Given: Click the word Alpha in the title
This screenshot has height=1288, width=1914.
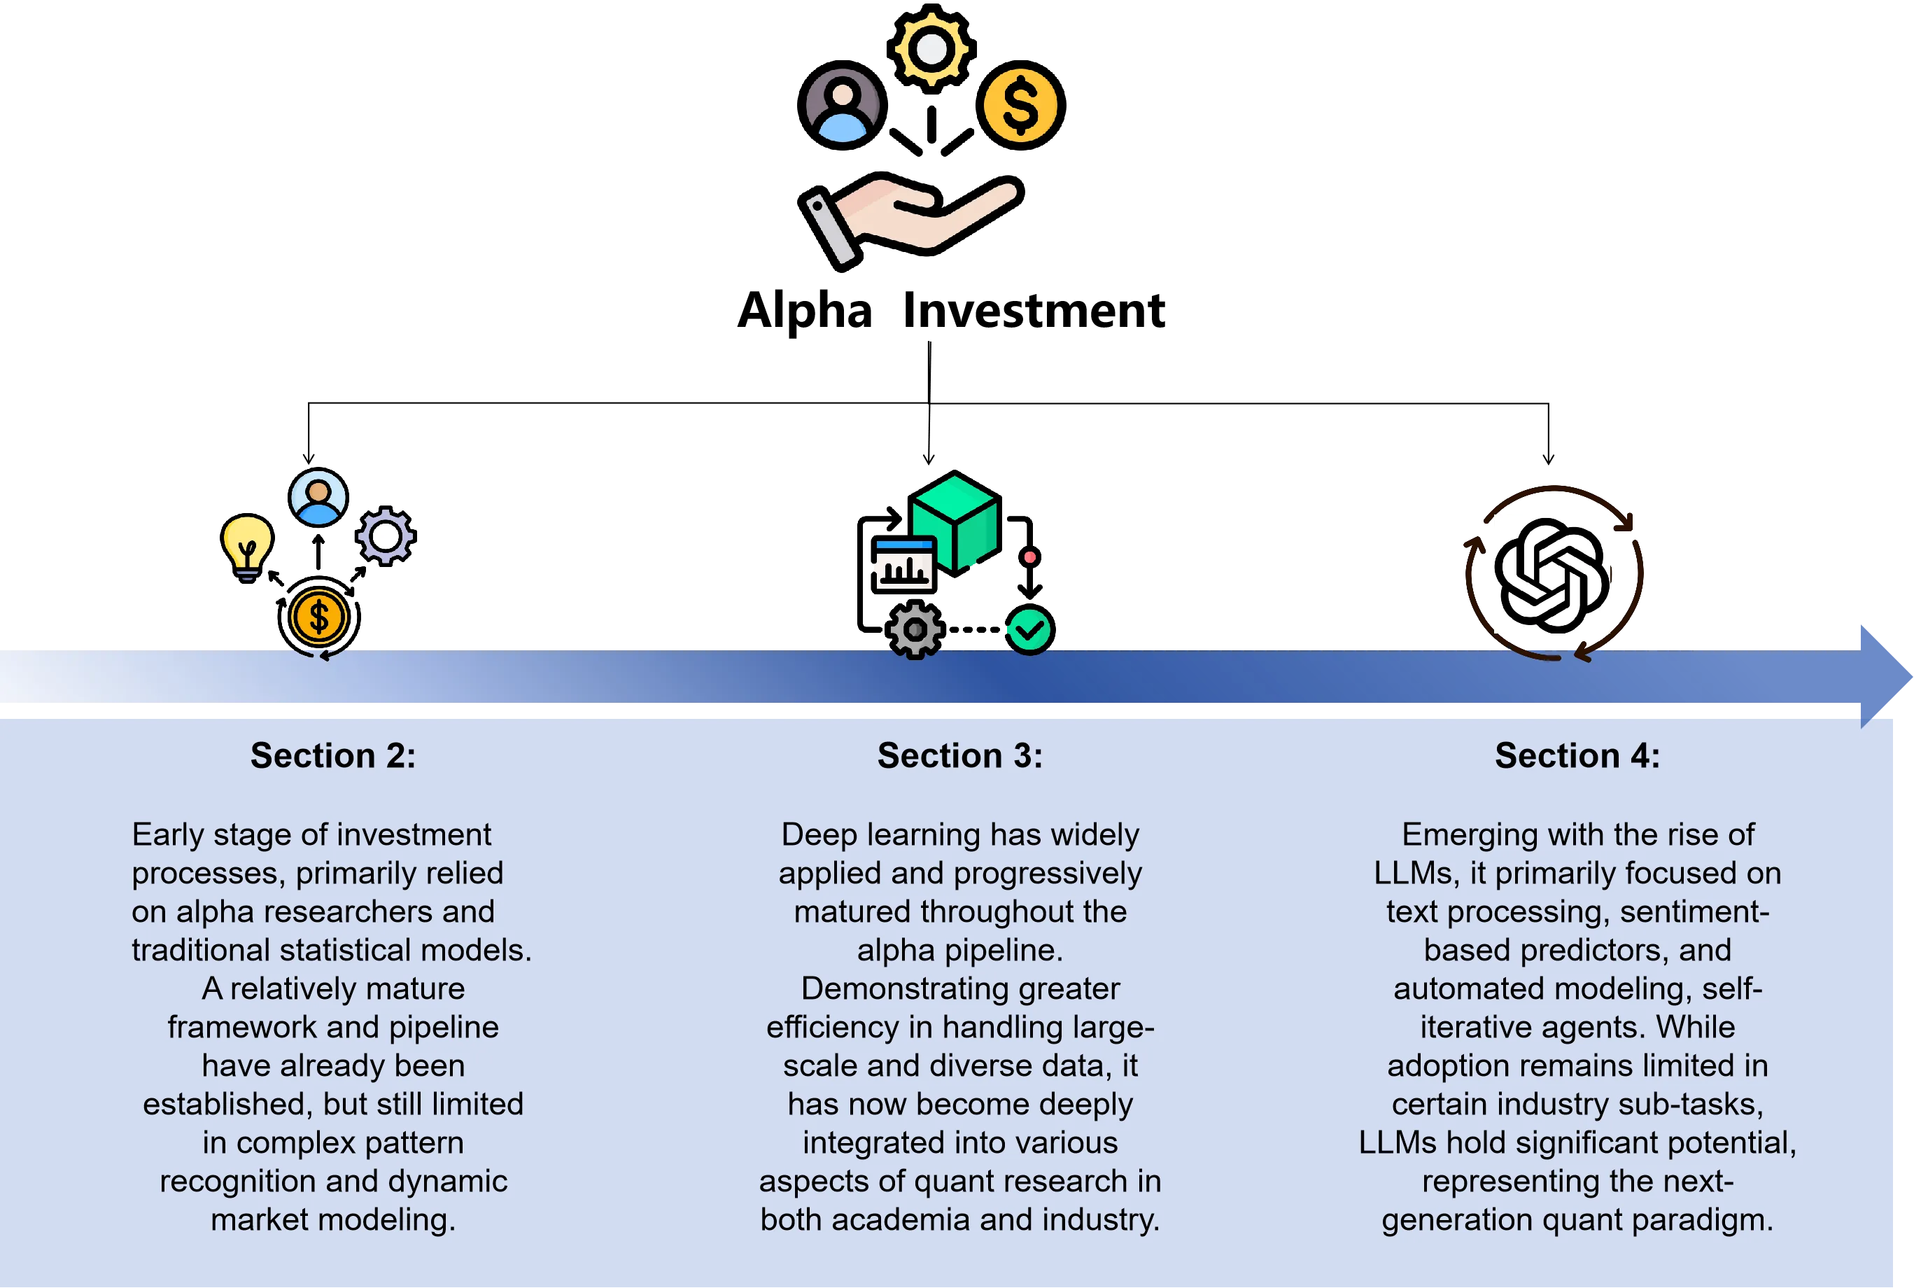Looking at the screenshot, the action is coord(804,312).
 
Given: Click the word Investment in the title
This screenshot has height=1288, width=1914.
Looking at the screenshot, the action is coord(1033,311).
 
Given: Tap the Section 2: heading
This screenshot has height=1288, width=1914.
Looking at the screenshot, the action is coord(332,756).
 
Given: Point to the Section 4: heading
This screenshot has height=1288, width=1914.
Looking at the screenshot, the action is coord(1577,756).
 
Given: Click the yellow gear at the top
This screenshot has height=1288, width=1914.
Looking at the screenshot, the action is coord(931,48).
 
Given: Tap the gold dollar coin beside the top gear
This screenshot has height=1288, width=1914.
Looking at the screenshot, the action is coord(1020,105).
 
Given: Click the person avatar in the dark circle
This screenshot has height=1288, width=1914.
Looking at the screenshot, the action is coord(842,105).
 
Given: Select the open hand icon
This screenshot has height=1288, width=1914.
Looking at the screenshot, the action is coord(910,219).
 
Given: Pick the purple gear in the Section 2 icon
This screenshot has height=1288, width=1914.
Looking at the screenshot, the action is coord(385,535).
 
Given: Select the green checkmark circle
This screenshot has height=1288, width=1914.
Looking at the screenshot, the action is coord(1029,630).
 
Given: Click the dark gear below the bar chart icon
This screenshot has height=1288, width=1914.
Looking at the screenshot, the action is coord(915,630).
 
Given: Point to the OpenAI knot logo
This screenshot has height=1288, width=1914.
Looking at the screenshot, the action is coord(1550,575).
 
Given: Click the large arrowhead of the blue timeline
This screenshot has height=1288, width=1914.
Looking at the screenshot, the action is coord(1885,677).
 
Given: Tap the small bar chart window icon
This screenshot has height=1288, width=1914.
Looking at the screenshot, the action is coord(902,564).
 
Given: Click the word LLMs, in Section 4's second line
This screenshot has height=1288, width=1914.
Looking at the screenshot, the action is coord(1416,873).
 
